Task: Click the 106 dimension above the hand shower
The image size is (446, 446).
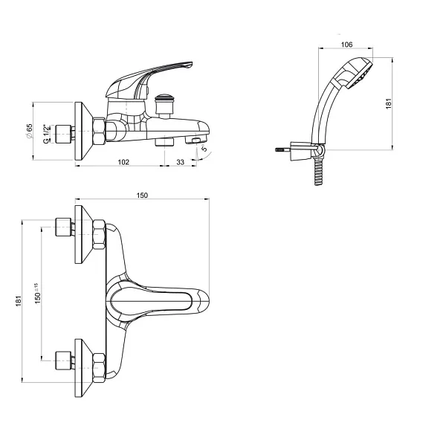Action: [346, 45]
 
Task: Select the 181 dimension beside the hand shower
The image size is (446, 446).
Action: [389, 103]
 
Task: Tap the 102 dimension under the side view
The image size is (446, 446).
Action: [123, 162]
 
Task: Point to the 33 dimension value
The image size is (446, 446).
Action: [181, 162]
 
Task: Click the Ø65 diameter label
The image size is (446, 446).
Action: [29, 131]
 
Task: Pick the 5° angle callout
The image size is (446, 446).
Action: [204, 148]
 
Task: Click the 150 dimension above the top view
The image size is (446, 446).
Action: [142, 195]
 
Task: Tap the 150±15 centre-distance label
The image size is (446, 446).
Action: [37, 294]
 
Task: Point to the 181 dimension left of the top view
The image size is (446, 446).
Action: [19, 301]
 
